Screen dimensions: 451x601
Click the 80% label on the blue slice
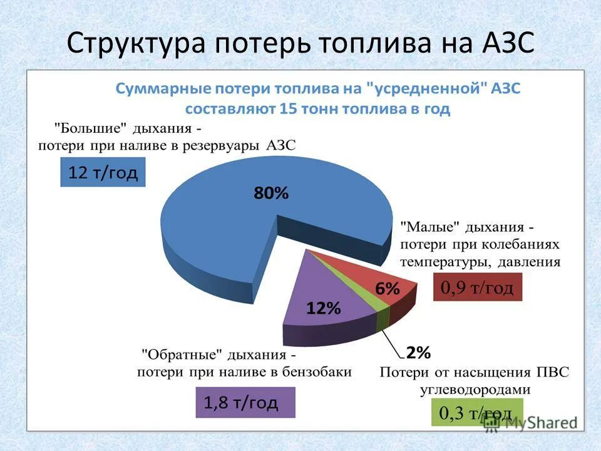pos(271,194)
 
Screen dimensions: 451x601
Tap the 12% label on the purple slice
pos(323,308)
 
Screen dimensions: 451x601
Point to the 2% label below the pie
pos(418,353)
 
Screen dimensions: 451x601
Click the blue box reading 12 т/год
pos(103,173)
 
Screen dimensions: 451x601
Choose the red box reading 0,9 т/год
pos(477,288)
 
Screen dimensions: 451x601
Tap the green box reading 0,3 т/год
pos(475,413)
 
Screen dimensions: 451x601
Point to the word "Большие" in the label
pos(91,128)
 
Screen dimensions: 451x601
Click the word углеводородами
pos(475,389)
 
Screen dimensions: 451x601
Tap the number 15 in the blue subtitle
pos(288,108)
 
